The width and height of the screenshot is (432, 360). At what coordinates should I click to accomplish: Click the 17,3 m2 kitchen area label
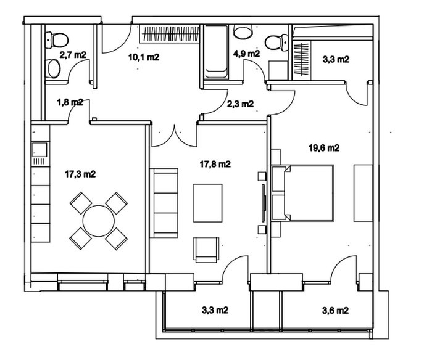click(80, 174)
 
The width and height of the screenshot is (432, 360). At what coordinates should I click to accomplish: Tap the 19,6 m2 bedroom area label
click(324, 148)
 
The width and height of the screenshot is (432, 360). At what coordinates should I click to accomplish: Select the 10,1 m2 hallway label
click(144, 57)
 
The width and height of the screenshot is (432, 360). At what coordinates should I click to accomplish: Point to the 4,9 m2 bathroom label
click(247, 54)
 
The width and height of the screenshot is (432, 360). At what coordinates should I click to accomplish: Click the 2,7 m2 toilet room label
click(73, 54)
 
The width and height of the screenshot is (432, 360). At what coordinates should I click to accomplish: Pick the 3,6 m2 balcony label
click(335, 311)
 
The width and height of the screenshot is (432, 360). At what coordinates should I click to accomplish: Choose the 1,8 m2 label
click(70, 102)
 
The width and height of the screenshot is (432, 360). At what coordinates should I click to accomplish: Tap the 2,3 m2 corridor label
click(240, 104)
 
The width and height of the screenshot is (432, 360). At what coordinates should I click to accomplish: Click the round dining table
click(98, 221)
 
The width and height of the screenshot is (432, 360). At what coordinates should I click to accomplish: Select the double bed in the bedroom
click(303, 193)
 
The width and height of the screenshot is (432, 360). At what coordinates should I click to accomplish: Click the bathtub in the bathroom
click(217, 52)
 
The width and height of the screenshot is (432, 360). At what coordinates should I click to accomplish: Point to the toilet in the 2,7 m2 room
click(57, 40)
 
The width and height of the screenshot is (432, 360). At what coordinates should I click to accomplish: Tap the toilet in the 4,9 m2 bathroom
click(276, 43)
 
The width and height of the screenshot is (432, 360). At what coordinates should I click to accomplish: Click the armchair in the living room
click(206, 250)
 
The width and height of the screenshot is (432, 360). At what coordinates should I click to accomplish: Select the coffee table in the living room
click(208, 203)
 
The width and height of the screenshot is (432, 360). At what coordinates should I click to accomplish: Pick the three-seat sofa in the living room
click(164, 203)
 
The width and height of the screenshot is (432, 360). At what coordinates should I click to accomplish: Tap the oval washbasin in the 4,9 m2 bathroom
click(243, 31)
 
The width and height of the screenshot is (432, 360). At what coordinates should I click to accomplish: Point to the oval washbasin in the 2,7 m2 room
click(54, 68)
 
